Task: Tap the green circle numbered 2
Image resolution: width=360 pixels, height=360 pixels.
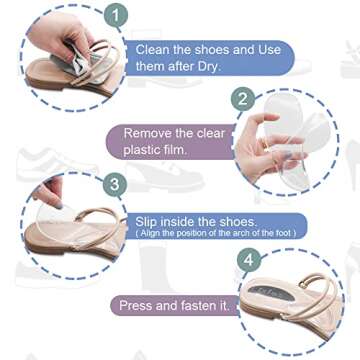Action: click(242, 99)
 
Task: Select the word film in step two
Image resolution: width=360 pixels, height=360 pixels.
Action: click(189, 150)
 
